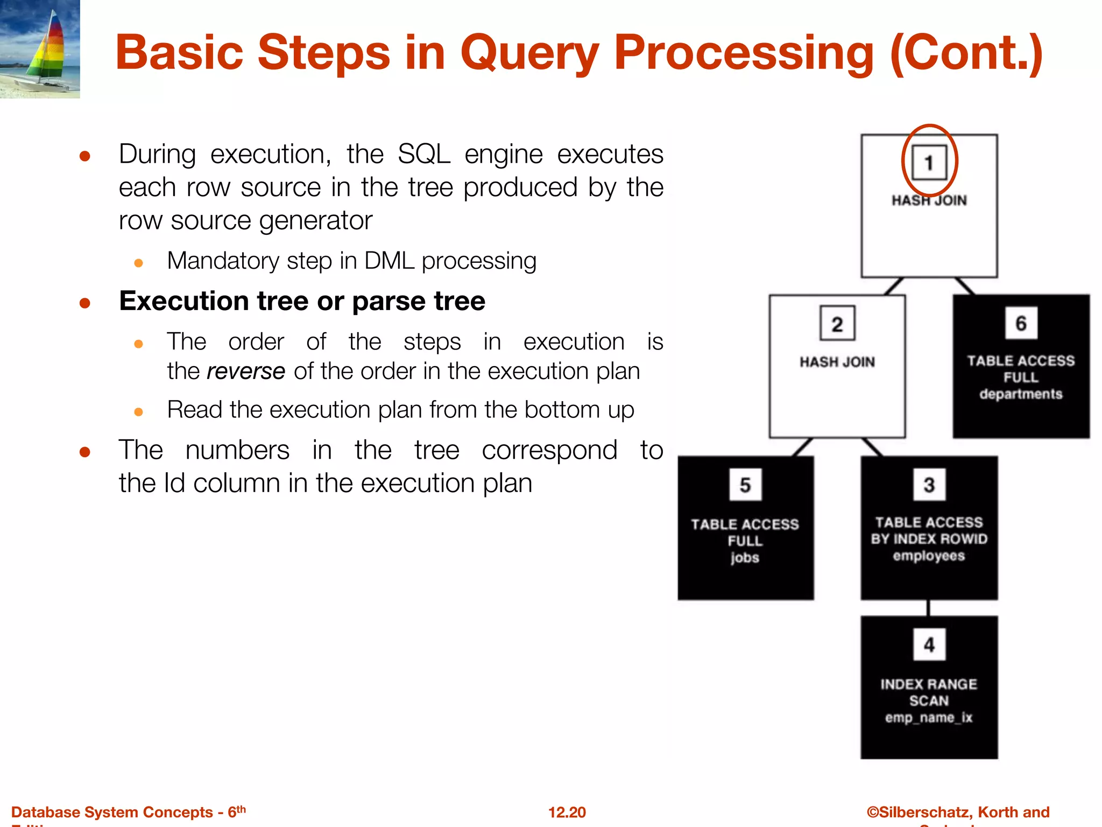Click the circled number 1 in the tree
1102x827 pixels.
(929, 162)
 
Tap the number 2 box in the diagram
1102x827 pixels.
(837, 324)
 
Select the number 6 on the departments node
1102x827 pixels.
(1021, 323)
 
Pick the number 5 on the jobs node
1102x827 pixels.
(745, 485)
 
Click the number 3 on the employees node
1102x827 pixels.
(929, 485)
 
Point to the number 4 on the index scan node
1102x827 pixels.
(929, 644)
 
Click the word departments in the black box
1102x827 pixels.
(1021, 394)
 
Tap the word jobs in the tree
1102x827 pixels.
(745, 558)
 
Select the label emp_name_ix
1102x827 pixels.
(929, 718)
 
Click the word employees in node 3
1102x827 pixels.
(929, 556)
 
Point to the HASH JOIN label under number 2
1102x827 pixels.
(837, 362)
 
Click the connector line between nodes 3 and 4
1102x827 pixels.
(928, 608)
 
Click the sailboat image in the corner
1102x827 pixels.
(40, 48)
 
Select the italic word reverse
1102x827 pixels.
(245, 372)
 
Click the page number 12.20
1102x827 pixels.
(567, 812)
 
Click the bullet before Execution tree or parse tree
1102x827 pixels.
(84, 303)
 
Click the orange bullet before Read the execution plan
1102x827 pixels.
(138, 412)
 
